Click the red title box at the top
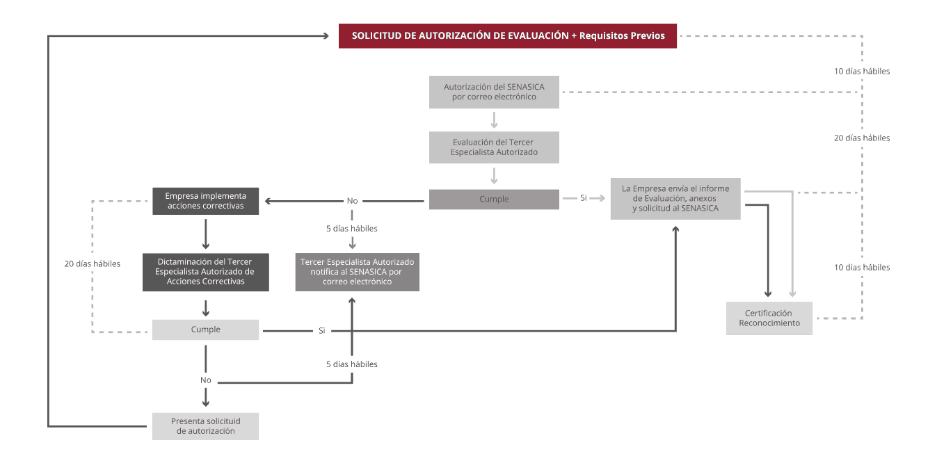[507, 36]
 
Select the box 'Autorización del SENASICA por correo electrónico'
[494, 92]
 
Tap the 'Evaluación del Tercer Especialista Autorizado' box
[494, 147]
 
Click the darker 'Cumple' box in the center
[494, 200]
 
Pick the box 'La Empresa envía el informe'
[675, 199]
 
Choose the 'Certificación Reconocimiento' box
[769, 318]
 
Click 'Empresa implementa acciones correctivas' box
[205, 201]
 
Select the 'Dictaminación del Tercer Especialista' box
[205, 272]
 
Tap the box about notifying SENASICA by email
[357, 272]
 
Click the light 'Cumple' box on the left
[205, 330]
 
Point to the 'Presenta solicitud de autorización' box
[205, 426]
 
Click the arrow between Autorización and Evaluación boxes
[494, 120]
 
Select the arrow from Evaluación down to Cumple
[494, 175]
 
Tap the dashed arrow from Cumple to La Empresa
[584, 199]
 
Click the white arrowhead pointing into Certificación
[792, 293]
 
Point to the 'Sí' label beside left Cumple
[321, 331]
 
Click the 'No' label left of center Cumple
[352, 201]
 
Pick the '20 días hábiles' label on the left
[93, 264]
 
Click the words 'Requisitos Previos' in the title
[623, 35]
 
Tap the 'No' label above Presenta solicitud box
[206, 380]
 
